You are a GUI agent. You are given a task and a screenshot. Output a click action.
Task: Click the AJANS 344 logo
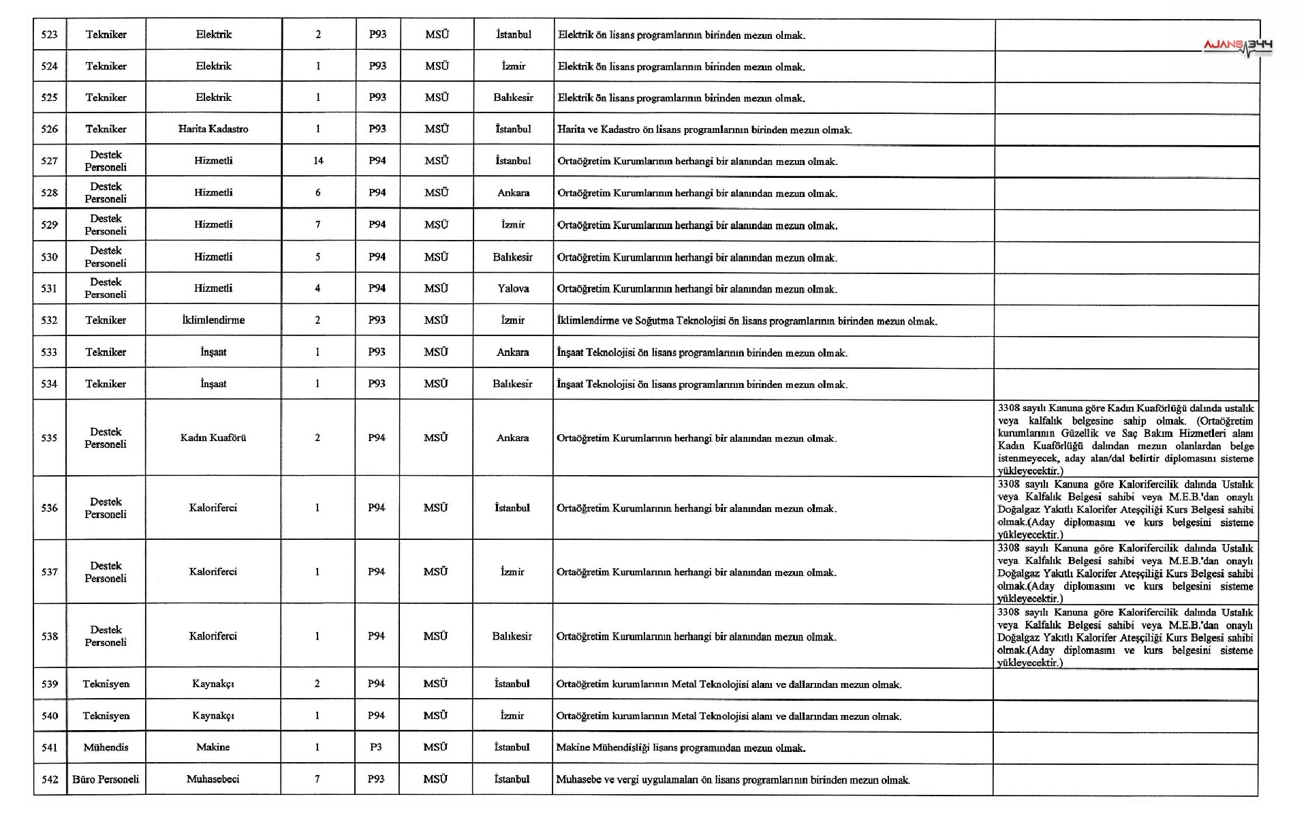[1237, 47]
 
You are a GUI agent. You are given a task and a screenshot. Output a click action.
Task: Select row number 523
[50, 35]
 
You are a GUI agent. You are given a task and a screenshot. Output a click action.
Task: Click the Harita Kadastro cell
[213, 129]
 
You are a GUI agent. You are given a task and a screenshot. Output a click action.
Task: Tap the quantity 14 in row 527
[318, 161]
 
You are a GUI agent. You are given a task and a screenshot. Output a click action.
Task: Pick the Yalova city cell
[513, 288]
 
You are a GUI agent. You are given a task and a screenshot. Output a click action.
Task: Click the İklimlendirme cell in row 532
[213, 320]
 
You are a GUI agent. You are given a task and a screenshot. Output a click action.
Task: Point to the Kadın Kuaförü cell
[213, 438]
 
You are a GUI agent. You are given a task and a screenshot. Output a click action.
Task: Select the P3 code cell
[376, 747]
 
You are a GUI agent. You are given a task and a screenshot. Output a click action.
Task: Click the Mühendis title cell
[106, 747]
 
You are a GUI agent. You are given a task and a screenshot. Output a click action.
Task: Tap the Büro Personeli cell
[106, 779]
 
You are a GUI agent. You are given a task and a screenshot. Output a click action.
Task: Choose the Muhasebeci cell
[213, 779]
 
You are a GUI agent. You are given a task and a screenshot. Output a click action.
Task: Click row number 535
[49, 438]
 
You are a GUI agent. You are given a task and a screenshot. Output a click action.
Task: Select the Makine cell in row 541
[213, 747]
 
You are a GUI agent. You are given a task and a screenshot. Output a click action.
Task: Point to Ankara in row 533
[513, 352]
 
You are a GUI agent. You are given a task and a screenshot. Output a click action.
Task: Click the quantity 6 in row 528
[318, 193]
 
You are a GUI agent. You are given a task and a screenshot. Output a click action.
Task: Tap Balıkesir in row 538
[512, 636]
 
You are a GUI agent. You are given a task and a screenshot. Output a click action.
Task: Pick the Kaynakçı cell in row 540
[213, 716]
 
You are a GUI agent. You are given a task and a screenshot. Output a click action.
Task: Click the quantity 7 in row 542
[317, 779]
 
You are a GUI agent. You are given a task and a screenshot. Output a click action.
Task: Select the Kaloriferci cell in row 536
[213, 508]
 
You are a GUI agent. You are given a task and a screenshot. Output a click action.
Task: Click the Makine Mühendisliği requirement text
[681, 748]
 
